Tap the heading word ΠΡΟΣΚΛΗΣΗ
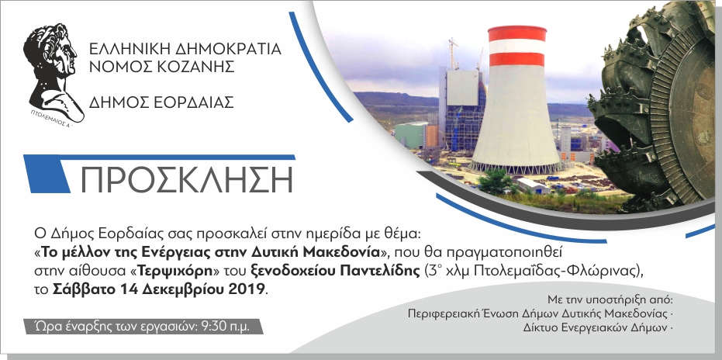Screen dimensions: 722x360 click(186, 179)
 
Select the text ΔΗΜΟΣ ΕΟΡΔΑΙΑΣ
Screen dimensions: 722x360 click(161, 102)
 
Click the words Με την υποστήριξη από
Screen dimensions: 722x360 click(609, 299)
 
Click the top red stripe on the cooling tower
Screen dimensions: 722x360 click(516, 33)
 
